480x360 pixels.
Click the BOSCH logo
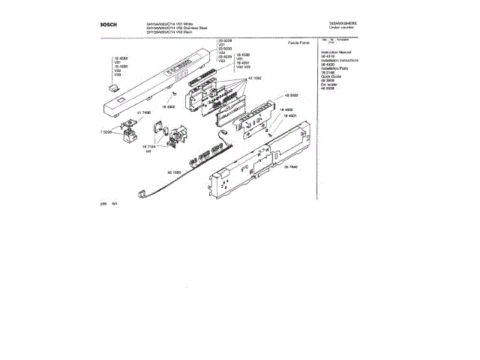(x=108, y=24)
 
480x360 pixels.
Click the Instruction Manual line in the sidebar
(x=336, y=52)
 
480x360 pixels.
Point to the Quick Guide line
(x=331, y=75)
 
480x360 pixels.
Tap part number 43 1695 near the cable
(x=174, y=173)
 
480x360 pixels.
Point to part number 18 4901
(x=293, y=117)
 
